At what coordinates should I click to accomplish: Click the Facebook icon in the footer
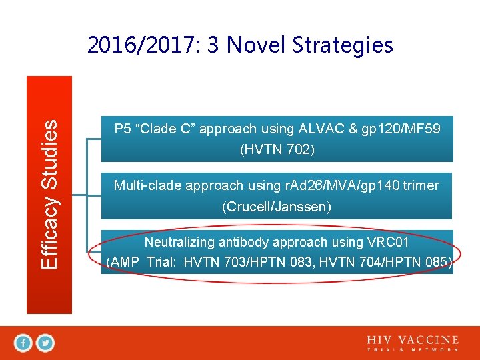click(23, 343)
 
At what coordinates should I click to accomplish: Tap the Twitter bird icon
click(45, 343)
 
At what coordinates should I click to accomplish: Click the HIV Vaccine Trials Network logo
click(412, 343)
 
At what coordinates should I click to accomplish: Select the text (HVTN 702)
click(277, 150)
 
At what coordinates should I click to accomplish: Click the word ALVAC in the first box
click(319, 129)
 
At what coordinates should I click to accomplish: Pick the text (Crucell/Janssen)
click(277, 207)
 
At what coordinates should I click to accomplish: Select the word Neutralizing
click(179, 242)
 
